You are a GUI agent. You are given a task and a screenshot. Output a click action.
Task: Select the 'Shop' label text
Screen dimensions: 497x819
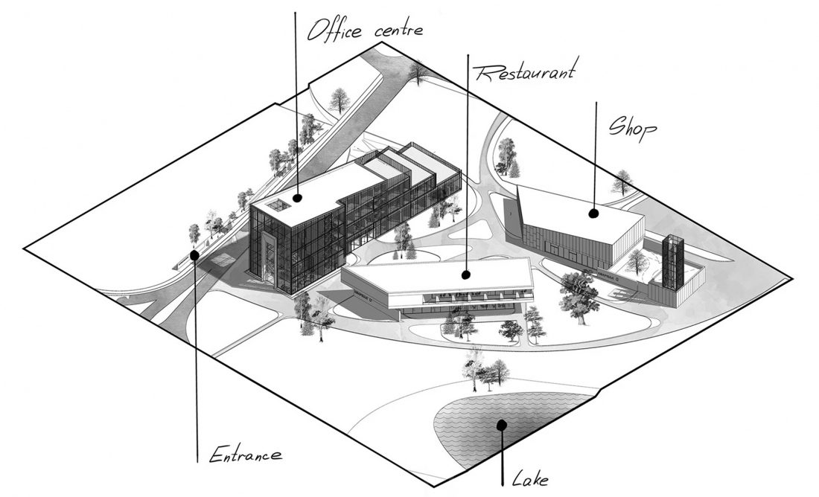tap(633, 128)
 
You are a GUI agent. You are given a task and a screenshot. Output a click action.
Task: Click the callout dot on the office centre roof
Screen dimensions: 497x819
tap(297, 198)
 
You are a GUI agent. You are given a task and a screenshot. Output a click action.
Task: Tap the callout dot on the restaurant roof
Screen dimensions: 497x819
tap(466, 274)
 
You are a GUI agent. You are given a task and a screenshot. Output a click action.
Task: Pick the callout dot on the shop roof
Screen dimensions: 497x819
tap(594, 214)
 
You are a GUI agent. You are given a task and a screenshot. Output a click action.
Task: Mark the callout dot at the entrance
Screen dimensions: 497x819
tap(194, 255)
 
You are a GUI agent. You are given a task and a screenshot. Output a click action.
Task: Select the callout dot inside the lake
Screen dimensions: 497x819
tap(502, 426)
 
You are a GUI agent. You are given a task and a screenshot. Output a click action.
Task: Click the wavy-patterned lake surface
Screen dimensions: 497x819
tap(469, 428)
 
